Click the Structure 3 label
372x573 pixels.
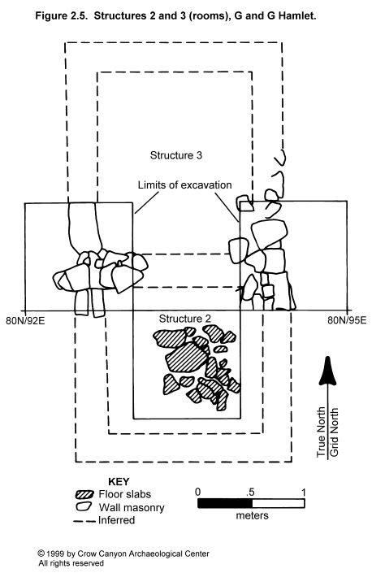coord(176,155)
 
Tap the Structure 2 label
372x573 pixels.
coord(184,319)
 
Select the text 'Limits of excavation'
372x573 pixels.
coord(184,185)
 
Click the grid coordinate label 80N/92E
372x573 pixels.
coord(25,321)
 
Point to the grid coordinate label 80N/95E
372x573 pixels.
coord(347,320)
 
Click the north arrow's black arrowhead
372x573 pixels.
coord(328,371)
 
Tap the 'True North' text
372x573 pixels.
coord(322,432)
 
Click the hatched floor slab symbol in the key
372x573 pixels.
coord(84,494)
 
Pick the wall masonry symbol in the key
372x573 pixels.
coord(84,507)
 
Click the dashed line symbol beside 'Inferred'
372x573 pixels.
coord(84,521)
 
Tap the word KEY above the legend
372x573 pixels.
coord(119,482)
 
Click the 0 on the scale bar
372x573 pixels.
coord(198,492)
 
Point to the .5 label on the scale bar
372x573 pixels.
coord(250,492)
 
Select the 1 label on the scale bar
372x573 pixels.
coord(304,492)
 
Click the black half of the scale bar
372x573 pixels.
coord(225,504)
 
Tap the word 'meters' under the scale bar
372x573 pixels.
coord(253,515)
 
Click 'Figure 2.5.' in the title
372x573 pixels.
coord(62,16)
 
